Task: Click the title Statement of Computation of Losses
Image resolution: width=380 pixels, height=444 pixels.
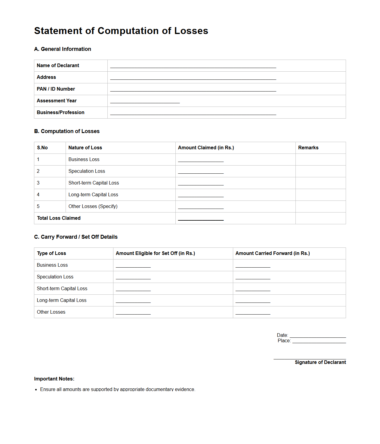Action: [121, 31]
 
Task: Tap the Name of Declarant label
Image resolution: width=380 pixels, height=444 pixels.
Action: [58, 66]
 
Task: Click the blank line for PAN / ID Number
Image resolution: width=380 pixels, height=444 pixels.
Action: [193, 90]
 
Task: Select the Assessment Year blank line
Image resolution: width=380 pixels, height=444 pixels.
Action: [145, 101]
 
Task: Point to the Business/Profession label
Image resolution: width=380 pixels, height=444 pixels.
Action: [60, 113]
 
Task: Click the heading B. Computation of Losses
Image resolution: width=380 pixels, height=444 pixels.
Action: [67, 131]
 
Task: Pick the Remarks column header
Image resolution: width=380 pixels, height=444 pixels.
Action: [308, 148]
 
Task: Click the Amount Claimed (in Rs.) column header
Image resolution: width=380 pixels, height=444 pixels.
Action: [206, 148]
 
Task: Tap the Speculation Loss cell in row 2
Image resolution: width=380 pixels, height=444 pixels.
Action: [87, 171]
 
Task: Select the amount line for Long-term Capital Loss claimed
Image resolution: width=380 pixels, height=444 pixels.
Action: [201, 195]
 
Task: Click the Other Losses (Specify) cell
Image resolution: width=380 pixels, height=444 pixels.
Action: [93, 206]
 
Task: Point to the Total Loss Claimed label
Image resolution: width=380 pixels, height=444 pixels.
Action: [59, 218]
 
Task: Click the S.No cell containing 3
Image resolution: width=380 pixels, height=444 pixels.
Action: [38, 183]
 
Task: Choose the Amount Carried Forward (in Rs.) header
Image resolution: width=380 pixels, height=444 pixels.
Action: [272, 253]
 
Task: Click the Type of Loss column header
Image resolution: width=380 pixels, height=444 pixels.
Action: [51, 253]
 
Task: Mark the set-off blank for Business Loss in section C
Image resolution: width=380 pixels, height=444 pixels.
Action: [133, 266]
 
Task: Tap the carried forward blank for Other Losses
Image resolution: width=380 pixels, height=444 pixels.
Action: [253, 313]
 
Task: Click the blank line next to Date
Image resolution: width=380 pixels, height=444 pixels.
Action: [317, 336]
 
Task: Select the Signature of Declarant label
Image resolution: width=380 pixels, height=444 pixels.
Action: [320, 362]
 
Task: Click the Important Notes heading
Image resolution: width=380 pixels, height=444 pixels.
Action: [54, 379]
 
